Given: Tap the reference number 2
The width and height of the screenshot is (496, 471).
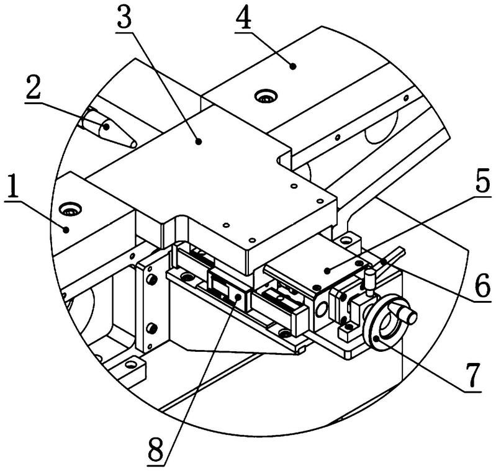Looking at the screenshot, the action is click(x=34, y=87).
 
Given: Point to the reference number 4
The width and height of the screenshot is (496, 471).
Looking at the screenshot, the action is click(x=243, y=18).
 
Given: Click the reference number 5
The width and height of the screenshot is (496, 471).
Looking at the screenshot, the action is click(x=483, y=179).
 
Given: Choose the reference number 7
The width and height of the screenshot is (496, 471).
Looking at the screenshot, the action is click(x=473, y=376).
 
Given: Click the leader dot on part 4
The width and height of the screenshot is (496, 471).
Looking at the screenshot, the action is click(x=293, y=66).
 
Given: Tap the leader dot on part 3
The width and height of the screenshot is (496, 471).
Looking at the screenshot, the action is click(x=198, y=141).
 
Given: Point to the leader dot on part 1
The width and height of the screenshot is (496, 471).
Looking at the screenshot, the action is click(x=66, y=230).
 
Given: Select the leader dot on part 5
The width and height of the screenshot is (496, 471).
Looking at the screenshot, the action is click(x=327, y=271).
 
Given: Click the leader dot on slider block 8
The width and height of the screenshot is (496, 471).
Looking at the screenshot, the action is click(x=238, y=297).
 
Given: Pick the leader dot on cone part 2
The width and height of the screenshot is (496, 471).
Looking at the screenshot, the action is click(x=107, y=127).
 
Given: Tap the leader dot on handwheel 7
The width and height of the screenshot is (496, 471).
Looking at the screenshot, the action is click(x=376, y=339).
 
